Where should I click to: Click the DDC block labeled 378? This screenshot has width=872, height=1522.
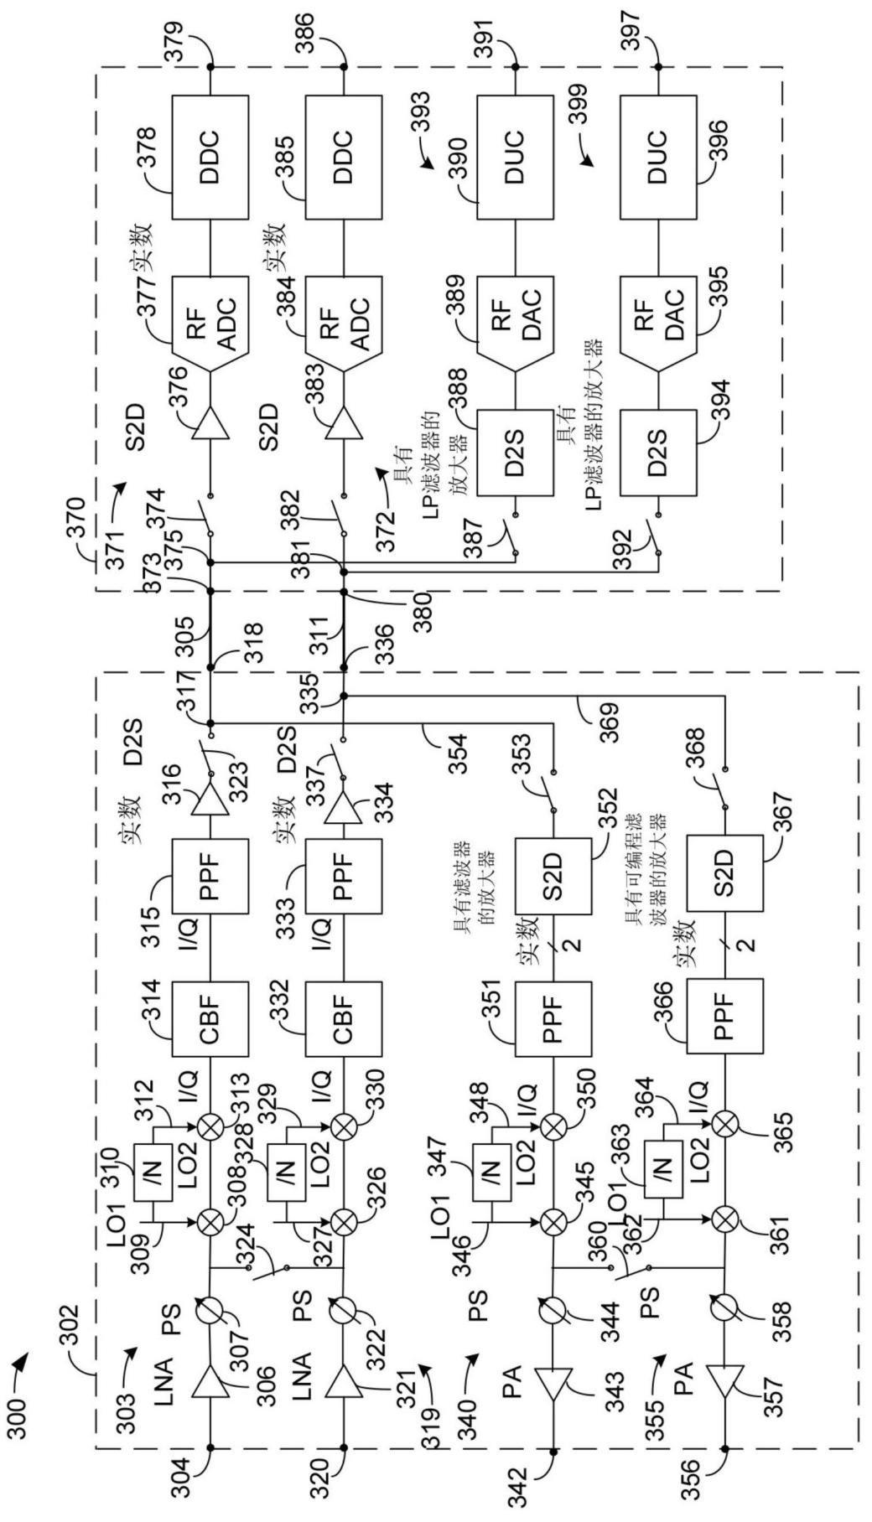pyautogui.click(x=210, y=157)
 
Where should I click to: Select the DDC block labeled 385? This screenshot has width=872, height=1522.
pyautogui.click(x=343, y=157)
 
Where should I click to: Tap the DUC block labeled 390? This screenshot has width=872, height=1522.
pyautogui.click(x=515, y=157)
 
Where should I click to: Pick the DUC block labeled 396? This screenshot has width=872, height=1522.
pyautogui.click(x=657, y=157)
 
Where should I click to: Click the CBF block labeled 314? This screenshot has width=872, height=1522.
pyautogui.click(x=210, y=1020)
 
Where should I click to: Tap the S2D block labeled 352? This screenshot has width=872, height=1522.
pyautogui.click(x=553, y=873)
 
